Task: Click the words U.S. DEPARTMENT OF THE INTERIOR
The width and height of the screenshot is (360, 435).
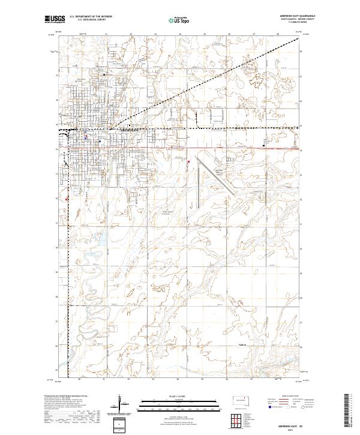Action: pyautogui.click(x=91, y=17)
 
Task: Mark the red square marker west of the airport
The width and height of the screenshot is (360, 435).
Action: pyautogui.click(x=189, y=161)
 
